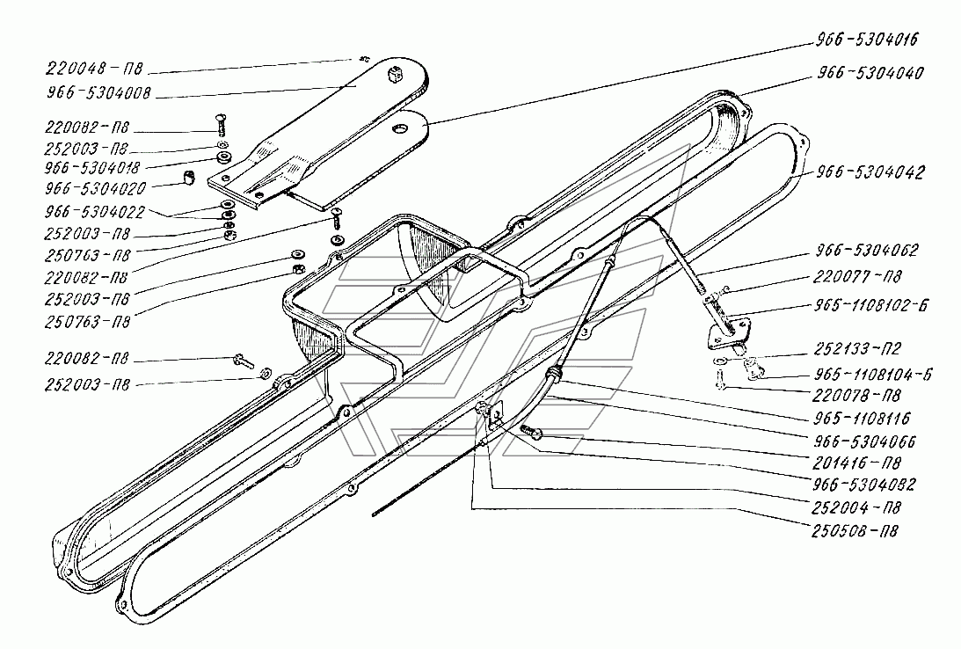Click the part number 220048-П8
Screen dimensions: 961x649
pyautogui.click(x=94, y=68)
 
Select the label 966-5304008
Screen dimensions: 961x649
pyautogui.click(x=98, y=93)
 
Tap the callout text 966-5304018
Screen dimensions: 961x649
pyautogui.click(x=92, y=168)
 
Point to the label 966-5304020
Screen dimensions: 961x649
pyautogui.click(x=95, y=189)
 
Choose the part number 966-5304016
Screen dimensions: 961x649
pyautogui.click(x=867, y=40)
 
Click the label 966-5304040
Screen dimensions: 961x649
pyautogui.click(x=870, y=73)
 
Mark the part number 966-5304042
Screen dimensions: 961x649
pyautogui.click(x=870, y=172)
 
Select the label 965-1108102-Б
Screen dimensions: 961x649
pyautogui.click(x=871, y=305)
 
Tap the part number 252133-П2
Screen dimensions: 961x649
pyautogui.click(x=857, y=349)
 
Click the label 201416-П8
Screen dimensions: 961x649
pyautogui.click(x=856, y=463)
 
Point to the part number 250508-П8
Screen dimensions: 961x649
pyautogui.click(x=855, y=531)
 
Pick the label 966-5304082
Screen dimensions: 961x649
pyautogui.click(x=864, y=485)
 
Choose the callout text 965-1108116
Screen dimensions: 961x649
pyautogui.click(x=863, y=419)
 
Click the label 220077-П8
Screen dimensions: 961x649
pyautogui.click(x=857, y=277)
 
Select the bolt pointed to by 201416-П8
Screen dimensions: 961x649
pyautogui.click(x=531, y=432)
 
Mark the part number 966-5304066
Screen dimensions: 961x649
pyautogui.click(x=865, y=441)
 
